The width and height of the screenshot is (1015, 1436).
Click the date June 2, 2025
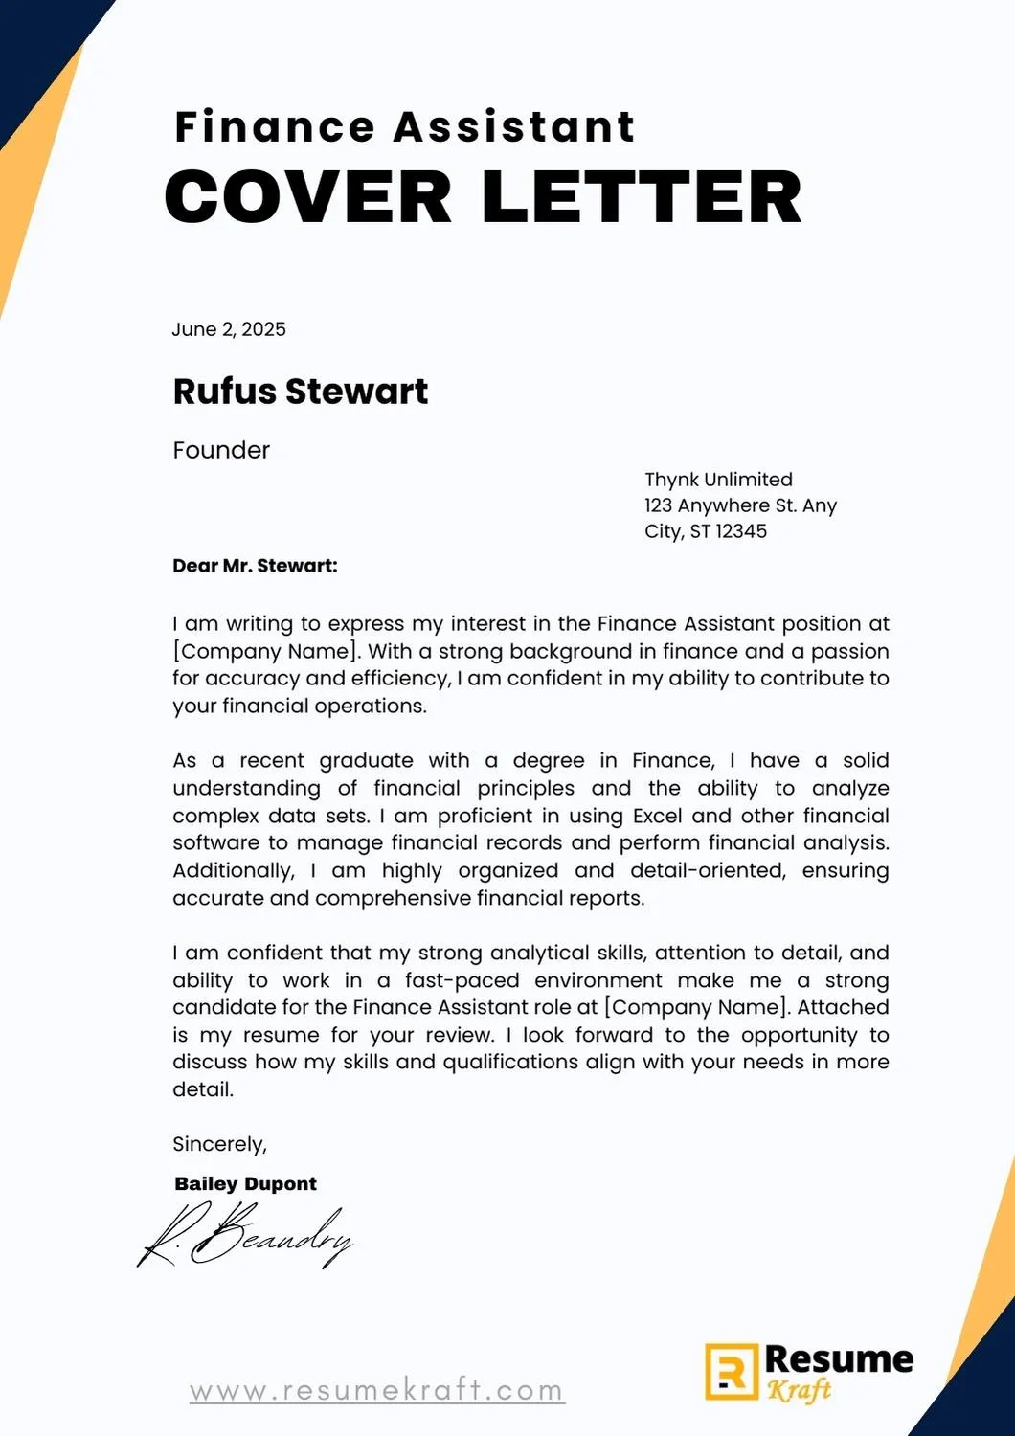point(229,329)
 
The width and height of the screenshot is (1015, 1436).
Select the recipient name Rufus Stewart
point(301,391)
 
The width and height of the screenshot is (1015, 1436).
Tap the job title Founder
point(221,450)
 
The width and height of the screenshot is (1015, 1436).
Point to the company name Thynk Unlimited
point(718,480)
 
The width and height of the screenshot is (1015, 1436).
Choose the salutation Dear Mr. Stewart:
point(255,566)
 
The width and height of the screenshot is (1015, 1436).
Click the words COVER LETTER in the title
point(483,196)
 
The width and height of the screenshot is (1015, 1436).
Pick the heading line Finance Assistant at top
point(404,127)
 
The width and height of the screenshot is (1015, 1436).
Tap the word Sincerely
point(218,1144)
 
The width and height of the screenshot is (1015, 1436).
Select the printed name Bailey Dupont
point(245,1183)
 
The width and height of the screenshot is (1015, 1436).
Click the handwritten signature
point(247,1234)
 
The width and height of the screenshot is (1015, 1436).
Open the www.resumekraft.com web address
point(377,1390)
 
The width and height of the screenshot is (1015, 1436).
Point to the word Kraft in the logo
point(799,1390)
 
